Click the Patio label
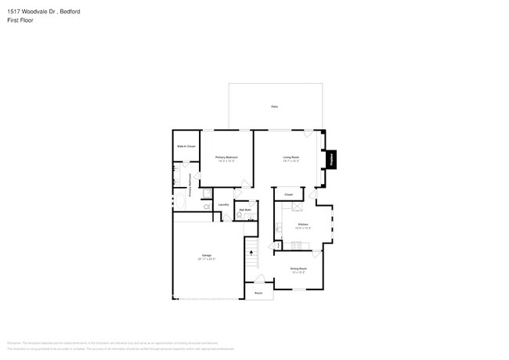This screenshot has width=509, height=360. coord(275,106)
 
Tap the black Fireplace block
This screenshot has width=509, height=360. coord(330,159)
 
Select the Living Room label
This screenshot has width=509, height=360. coord(291,158)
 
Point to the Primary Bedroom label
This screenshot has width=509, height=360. coord(226,158)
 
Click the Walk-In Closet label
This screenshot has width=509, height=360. coord(185,146)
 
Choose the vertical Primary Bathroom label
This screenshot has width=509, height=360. coord(190,185)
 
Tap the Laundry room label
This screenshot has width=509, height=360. coord(223,205)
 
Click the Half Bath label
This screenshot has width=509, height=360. coord(245,209)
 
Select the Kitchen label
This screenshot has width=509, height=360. coord(304,225)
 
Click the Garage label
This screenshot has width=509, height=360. coord(207,256)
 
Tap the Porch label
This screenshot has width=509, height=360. coord(258,293)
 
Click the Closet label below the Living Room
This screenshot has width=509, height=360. coord(288,194)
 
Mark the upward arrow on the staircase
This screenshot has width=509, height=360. coord(251,253)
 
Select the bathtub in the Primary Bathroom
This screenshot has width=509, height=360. coord(180,201)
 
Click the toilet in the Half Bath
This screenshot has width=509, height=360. coord(240,214)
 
